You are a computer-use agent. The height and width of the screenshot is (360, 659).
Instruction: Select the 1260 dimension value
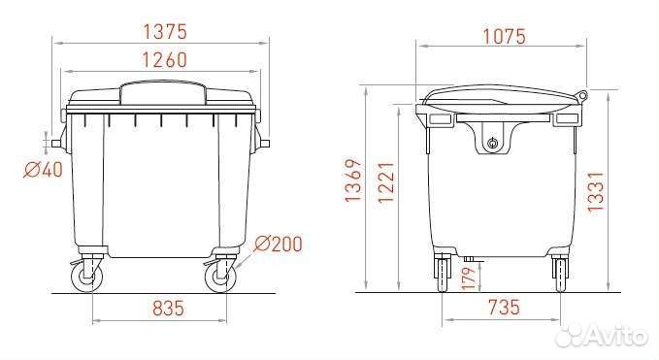pos(161,59)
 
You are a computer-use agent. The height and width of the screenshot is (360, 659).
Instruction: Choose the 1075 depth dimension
pos(502,37)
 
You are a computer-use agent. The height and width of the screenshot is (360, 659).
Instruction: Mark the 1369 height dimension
pos(354,188)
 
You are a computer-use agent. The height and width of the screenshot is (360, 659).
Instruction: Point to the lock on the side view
pos(492,144)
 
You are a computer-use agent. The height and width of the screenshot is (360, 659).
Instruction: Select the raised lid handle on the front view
pos(162,92)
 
